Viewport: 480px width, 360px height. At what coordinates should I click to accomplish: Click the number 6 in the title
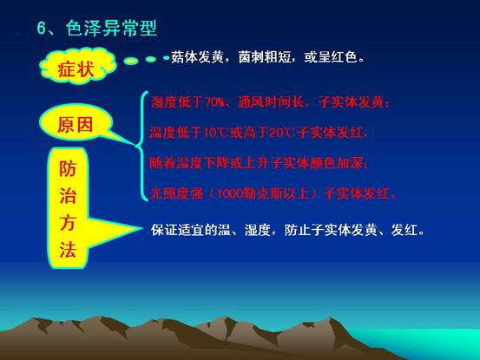pyautogui.click(x=41, y=29)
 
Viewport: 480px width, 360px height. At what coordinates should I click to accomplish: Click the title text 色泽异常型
pyautogui.click(x=111, y=29)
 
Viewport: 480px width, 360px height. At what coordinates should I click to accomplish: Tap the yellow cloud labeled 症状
pyautogui.click(x=77, y=65)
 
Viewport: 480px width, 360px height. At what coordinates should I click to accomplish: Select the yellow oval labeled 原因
pyautogui.click(x=76, y=122)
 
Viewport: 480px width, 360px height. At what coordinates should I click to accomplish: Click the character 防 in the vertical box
pyautogui.click(x=68, y=168)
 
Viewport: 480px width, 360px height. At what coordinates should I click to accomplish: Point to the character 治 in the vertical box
pyautogui.click(x=68, y=195)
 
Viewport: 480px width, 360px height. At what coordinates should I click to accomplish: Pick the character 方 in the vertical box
pyautogui.click(x=68, y=222)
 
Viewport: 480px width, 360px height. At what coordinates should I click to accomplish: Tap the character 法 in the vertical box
pyautogui.click(x=68, y=249)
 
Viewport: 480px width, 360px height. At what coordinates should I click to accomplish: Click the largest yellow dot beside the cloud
pyautogui.click(x=131, y=61)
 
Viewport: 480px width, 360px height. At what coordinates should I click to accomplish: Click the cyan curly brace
pyautogui.click(x=141, y=146)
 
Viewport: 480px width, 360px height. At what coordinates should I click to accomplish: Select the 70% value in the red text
pyautogui.click(x=214, y=101)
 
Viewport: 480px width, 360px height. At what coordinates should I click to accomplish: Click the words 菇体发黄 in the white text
pyautogui.click(x=197, y=57)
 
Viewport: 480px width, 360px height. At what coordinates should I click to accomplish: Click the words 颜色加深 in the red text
pyautogui.click(x=337, y=163)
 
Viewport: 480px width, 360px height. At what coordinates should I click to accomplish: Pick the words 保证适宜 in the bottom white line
pyautogui.click(x=177, y=229)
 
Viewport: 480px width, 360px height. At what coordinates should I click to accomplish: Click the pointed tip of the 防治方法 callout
pyautogui.click(x=142, y=228)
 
